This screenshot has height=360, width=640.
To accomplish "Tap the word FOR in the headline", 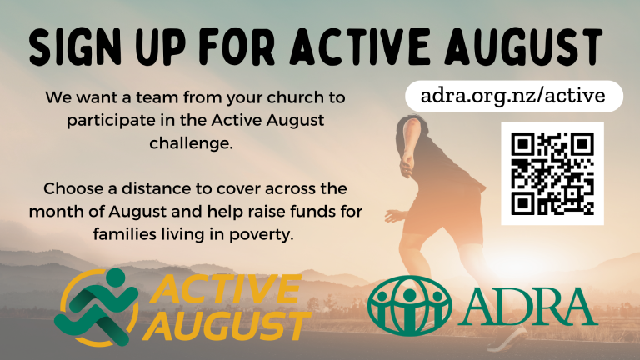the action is [237, 47].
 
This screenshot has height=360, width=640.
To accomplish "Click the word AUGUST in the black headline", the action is [523, 47].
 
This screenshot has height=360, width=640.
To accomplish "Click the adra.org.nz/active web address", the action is [513, 96].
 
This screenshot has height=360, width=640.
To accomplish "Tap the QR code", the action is [552, 173].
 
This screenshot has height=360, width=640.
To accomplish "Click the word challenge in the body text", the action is [191, 143].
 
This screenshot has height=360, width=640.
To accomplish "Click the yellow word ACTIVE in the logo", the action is [227, 289].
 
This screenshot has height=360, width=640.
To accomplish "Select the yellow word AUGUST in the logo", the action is [227, 326].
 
